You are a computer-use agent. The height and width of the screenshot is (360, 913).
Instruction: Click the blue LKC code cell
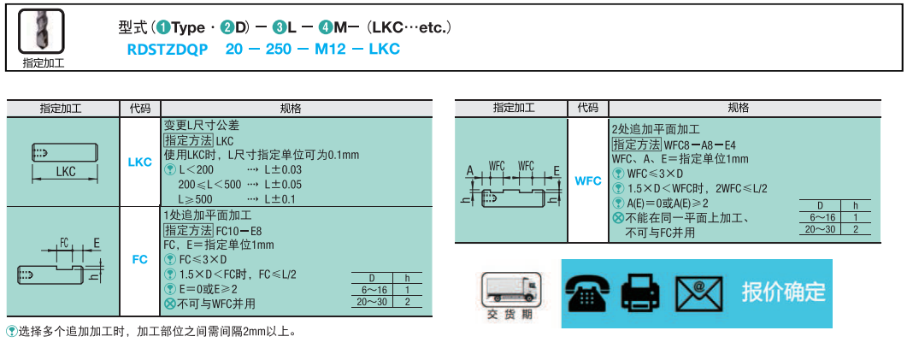tap(139, 162)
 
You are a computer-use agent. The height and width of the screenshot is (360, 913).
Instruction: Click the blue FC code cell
tap(139, 257)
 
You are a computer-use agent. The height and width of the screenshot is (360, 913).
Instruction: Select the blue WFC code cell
tap(587, 181)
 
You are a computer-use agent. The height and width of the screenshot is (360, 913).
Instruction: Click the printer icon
tap(640, 293)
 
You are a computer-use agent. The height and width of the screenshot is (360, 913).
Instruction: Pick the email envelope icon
tap(698, 293)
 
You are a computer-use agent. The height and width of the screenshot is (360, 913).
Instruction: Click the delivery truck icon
tap(510, 288)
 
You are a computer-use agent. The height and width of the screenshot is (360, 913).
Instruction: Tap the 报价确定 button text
tap(783, 292)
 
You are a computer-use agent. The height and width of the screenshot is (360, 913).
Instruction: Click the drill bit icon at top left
tap(42, 33)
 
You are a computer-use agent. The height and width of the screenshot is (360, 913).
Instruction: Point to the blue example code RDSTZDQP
tap(167, 50)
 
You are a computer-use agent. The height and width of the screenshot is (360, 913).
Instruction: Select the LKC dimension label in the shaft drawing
tap(66, 171)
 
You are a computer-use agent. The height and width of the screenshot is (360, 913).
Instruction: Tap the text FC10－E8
tap(239, 231)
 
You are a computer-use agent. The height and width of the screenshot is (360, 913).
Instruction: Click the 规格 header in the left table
tap(291, 109)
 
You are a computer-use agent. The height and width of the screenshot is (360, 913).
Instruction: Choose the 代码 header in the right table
tap(587, 108)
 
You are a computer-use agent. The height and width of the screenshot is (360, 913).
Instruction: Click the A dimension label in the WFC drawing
tap(470, 170)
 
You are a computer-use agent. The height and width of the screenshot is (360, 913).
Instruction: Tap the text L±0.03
tap(283, 169)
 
